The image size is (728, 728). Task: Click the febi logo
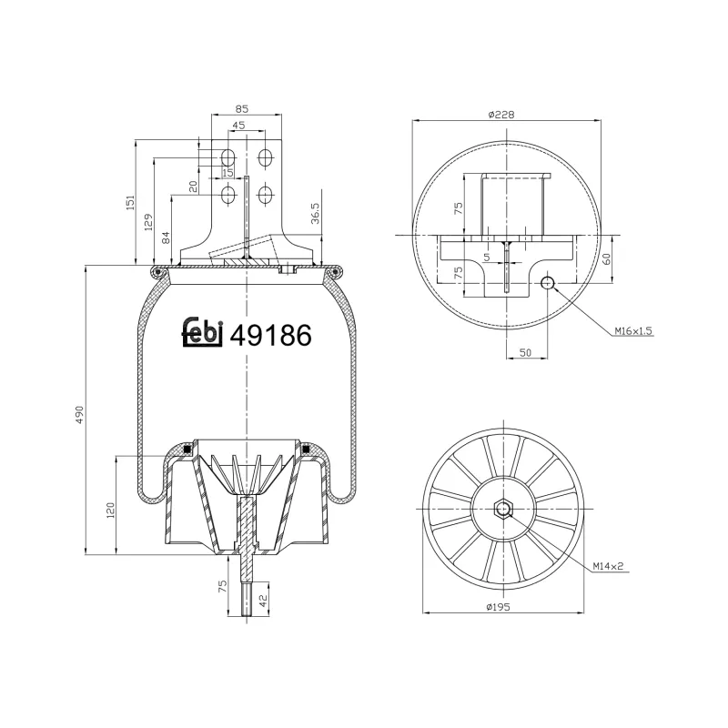point(202,332)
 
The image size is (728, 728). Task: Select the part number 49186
point(271,335)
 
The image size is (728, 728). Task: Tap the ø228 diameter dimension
point(502,114)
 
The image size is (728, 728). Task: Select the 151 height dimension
point(129,201)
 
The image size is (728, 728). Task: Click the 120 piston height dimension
point(110,510)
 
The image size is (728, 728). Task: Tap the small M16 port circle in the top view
point(547,283)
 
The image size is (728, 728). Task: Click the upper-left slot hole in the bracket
point(228,157)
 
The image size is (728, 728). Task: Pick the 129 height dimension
point(148,218)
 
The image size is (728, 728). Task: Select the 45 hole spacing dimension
point(238,126)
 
